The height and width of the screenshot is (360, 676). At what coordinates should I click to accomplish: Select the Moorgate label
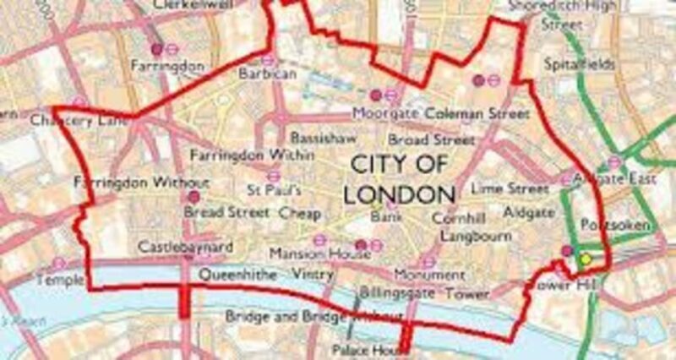coord(385,112)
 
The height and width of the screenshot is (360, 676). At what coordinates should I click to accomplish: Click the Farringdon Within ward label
coord(239,156)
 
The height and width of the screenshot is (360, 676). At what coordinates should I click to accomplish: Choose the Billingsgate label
coord(397,292)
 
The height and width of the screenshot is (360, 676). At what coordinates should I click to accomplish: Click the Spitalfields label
coord(578,64)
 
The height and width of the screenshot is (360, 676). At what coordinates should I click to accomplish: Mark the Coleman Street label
coord(477,112)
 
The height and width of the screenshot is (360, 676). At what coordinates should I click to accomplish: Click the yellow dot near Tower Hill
coord(585,259)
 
